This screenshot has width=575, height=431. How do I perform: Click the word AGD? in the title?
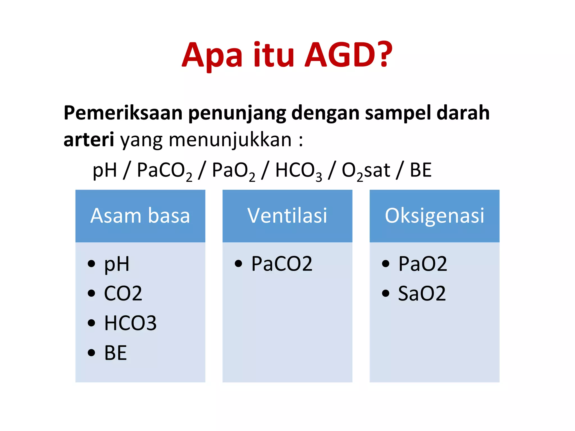tap(348, 55)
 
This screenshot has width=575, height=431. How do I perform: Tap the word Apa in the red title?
tap(212, 56)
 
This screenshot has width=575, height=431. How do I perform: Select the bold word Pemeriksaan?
tap(123, 113)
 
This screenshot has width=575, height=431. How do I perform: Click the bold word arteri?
tap(89, 139)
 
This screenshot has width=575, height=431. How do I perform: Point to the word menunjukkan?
tap(230, 139)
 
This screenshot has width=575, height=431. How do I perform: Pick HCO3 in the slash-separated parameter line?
tap(298, 171)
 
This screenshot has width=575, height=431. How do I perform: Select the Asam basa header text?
tap(140, 215)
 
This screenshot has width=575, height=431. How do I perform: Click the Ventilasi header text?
tap(287, 215)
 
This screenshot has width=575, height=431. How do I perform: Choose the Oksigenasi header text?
tap(434, 215)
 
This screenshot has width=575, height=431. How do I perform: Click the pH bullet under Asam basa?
tap(117, 264)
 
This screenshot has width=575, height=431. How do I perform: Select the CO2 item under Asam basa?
tap(123, 294)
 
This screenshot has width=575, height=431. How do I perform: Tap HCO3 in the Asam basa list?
tap(130, 323)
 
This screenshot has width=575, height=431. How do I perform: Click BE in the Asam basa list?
tap(115, 353)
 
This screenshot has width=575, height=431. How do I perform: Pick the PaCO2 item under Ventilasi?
tap(282, 264)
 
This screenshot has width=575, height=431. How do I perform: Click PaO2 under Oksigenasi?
tap(423, 264)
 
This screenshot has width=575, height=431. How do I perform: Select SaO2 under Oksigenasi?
tap(422, 294)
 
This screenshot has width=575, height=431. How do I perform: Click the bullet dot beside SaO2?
tap(385, 293)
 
